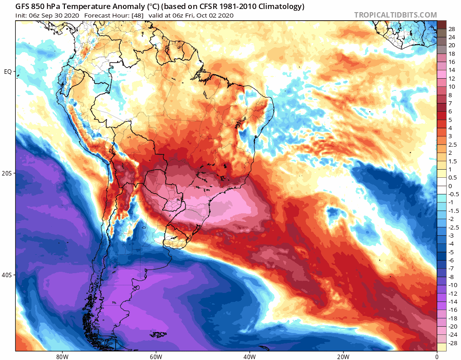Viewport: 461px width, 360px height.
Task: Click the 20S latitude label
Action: click(8, 173)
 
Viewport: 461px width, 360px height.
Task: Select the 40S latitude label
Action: click(8, 275)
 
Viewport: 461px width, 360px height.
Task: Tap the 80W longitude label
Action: click(62, 355)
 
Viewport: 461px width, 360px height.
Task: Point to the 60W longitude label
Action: click(156, 355)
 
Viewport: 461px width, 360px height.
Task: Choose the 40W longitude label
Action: click(249, 355)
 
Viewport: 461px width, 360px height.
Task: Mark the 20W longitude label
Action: click(343, 355)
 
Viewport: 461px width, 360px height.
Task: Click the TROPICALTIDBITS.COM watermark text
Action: click(395, 15)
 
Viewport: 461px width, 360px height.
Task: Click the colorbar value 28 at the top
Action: click(452, 28)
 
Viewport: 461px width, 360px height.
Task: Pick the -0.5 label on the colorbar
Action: click(453, 194)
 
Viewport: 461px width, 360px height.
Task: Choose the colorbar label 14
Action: click(452, 70)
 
